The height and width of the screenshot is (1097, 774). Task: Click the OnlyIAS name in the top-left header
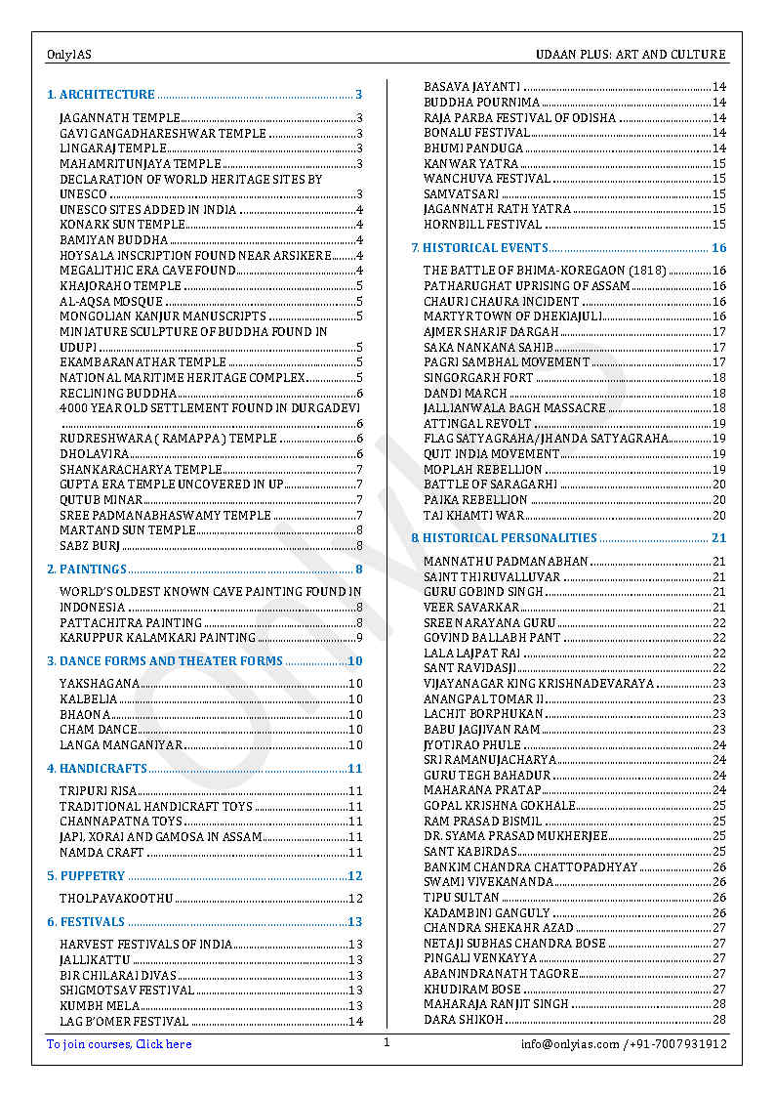(x=68, y=55)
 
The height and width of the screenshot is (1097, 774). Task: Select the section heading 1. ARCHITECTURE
(x=102, y=95)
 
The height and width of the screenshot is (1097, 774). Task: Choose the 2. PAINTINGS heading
(x=87, y=569)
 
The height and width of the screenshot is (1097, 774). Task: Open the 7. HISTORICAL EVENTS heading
(x=479, y=248)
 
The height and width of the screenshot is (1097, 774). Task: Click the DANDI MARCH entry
(x=465, y=393)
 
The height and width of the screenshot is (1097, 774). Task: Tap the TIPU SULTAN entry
(x=461, y=897)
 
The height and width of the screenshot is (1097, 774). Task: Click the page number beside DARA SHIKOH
(x=719, y=1020)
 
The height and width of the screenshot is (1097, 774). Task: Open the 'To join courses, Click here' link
(x=119, y=1044)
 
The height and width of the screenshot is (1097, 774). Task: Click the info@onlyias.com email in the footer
(x=570, y=1044)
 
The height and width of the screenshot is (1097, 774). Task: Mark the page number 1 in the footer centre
(x=387, y=1042)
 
